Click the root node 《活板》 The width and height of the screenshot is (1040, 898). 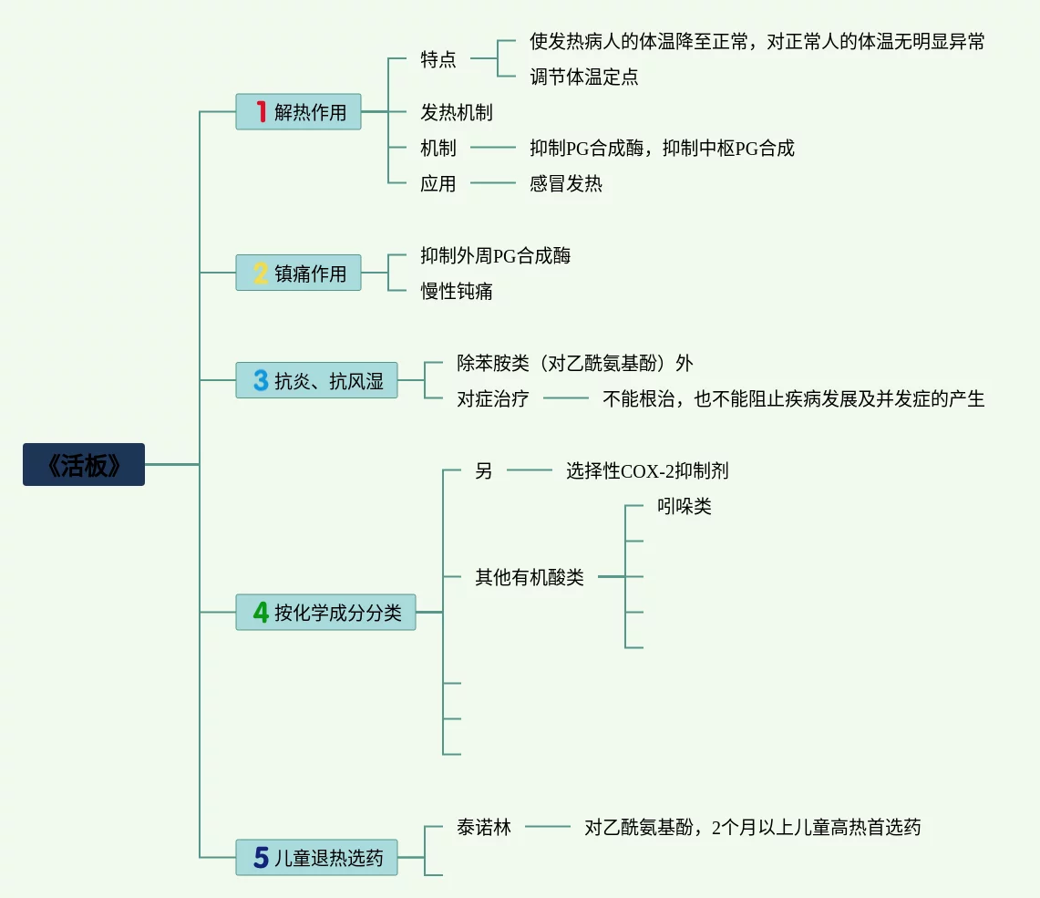coord(84,464)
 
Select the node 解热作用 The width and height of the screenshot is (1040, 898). coord(298,112)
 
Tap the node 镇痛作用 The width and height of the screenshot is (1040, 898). coord(298,273)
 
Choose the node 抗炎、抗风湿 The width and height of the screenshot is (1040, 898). coord(316,380)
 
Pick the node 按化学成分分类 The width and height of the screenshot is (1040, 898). coord(325,612)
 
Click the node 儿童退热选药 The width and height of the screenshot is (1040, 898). coord(316,858)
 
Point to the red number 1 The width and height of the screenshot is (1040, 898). coord(261,112)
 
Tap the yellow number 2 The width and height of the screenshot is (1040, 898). coord(261,273)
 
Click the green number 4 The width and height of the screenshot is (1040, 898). coord(261,612)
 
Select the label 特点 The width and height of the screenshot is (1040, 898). coord(438,59)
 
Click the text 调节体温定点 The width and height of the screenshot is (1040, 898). coord(584,77)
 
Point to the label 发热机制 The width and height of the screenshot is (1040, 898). coord(457,112)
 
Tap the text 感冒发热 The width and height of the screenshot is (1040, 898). coord(566,183)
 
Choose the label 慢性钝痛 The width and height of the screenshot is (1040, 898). coord(457,291)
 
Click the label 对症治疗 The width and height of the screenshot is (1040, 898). coord(493,398)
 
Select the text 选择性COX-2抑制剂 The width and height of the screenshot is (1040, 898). coord(647,470)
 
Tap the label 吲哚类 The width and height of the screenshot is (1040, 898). coord(684,506)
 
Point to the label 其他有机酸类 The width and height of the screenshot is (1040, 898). coord(530,577)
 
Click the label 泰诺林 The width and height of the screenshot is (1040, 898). coord(484,827)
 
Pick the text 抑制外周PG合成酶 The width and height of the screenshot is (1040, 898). coord(496,255)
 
